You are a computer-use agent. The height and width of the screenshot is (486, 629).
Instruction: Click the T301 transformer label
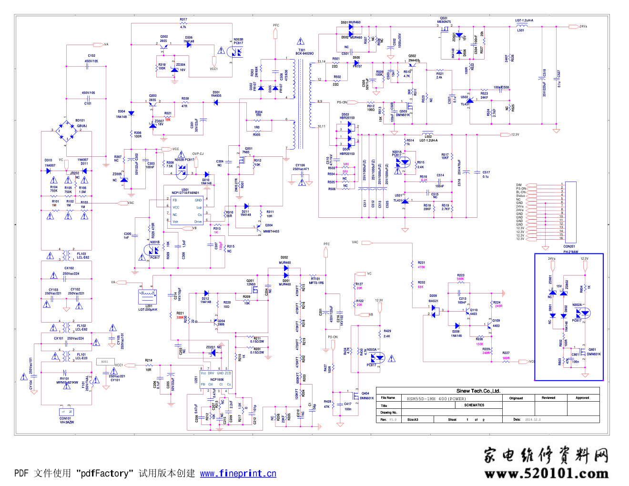coord(302,50)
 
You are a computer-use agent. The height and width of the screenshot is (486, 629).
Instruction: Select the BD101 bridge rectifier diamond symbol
coord(66,129)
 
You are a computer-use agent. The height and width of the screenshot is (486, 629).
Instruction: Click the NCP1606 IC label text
coord(217,380)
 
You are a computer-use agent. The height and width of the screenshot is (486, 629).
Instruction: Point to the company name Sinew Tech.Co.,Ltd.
coord(478,391)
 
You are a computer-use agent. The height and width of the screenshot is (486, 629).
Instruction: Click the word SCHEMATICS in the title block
coord(474,405)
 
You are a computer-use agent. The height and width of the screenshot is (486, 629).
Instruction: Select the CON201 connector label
coord(569,247)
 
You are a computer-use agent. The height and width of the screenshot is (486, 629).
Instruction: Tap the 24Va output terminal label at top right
coord(583,26)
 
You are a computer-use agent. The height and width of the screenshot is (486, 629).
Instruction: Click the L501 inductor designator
coord(521,30)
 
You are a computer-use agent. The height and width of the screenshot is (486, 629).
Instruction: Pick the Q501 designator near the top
coord(444,18)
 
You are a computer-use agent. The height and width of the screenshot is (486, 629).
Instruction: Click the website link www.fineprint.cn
coord(238,473)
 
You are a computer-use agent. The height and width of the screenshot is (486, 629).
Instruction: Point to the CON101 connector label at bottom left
coord(65,418)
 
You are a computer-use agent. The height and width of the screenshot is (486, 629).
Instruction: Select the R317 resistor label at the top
coord(183,20)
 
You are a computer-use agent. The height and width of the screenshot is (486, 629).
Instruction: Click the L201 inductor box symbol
coord(147,297)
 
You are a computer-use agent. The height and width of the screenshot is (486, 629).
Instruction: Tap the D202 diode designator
coord(284,257)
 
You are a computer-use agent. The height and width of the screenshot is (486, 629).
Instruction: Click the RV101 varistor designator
coord(64,378)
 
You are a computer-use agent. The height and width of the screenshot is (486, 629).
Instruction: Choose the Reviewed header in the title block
coord(548,397)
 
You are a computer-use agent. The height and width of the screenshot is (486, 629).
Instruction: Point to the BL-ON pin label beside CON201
coord(521,192)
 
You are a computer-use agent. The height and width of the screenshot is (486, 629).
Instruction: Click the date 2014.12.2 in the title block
coord(533,420)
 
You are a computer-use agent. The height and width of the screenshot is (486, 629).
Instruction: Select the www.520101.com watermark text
coord(547,473)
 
